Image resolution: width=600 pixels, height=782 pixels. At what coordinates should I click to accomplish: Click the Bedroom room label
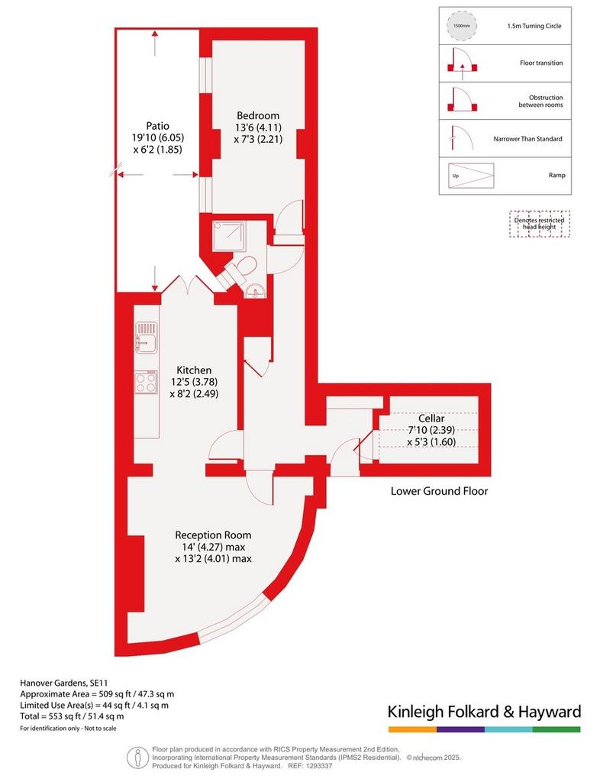[258, 116]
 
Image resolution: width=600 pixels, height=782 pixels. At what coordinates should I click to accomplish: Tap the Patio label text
[157, 126]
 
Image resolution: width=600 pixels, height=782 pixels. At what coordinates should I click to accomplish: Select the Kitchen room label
[194, 370]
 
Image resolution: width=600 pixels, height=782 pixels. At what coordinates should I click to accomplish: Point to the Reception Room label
[213, 535]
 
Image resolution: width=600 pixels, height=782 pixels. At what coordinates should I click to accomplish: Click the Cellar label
[431, 418]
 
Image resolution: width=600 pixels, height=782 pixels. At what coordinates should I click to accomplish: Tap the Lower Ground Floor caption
[439, 491]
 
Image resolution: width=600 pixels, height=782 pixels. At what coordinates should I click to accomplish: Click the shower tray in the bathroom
[228, 237]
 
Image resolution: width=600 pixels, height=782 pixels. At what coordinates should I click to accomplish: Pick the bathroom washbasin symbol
[256, 291]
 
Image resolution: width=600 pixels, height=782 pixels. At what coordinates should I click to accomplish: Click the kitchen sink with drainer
[146, 338]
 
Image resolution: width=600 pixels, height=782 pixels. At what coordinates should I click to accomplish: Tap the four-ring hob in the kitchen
[146, 383]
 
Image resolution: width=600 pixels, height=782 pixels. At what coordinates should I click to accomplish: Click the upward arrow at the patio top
[155, 43]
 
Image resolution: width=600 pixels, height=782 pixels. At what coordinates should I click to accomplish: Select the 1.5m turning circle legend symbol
[462, 26]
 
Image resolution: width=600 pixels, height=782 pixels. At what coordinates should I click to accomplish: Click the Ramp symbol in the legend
[471, 176]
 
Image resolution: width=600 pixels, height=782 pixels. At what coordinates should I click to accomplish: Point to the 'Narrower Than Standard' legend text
[527, 139]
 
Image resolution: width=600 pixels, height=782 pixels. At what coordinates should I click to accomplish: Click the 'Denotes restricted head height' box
[539, 224]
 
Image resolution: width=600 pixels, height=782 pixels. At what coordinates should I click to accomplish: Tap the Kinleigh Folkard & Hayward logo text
[485, 712]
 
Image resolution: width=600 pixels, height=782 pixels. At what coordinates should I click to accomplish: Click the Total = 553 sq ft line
[72, 716]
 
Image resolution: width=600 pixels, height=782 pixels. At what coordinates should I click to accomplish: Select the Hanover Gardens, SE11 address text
[64, 683]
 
